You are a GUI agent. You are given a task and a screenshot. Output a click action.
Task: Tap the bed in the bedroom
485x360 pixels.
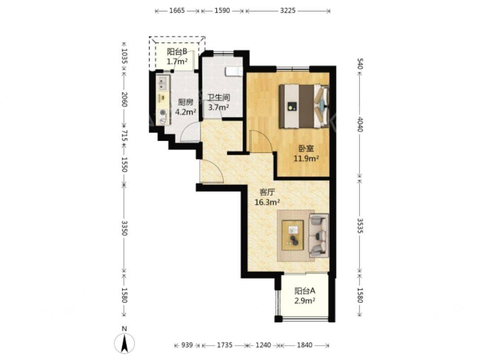pyautogui.click(x=304, y=106)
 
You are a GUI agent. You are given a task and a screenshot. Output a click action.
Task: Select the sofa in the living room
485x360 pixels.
pyautogui.click(x=319, y=236)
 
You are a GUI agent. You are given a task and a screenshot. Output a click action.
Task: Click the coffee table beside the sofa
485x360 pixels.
pyautogui.click(x=293, y=234)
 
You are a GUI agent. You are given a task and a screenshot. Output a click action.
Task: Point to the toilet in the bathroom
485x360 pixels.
pyautogui.click(x=234, y=71)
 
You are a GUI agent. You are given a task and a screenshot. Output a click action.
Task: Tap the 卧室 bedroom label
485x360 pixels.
pyautogui.click(x=306, y=149)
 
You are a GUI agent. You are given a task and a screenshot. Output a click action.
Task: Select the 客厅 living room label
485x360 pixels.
pyautogui.click(x=267, y=192)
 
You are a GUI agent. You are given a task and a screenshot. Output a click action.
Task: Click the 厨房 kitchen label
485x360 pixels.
pyautogui.click(x=185, y=102)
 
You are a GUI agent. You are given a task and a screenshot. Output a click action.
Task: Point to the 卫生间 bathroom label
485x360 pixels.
pyautogui.click(x=219, y=98)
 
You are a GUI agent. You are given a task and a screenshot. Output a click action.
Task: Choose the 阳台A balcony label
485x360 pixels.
pyautogui.click(x=305, y=291)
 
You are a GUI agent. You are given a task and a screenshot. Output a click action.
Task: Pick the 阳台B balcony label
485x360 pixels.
pyautogui.click(x=177, y=52)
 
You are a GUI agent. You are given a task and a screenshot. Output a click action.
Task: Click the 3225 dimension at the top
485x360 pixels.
pyautogui.click(x=288, y=10)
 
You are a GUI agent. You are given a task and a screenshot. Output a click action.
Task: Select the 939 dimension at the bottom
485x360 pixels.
pyautogui.click(x=187, y=345)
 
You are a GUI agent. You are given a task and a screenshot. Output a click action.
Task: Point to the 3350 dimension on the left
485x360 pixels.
pyautogui.click(x=124, y=228)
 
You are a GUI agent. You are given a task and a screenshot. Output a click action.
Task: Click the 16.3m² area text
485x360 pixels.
pyautogui.click(x=267, y=202)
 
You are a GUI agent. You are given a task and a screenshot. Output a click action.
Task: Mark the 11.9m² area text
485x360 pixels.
pyautogui.click(x=306, y=159)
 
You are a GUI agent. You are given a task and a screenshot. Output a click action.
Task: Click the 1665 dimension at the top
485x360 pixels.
pyautogui.click(x=177, y=10)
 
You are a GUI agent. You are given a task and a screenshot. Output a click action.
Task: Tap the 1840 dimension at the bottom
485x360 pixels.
pyautogui.click(x=304, y=345)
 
